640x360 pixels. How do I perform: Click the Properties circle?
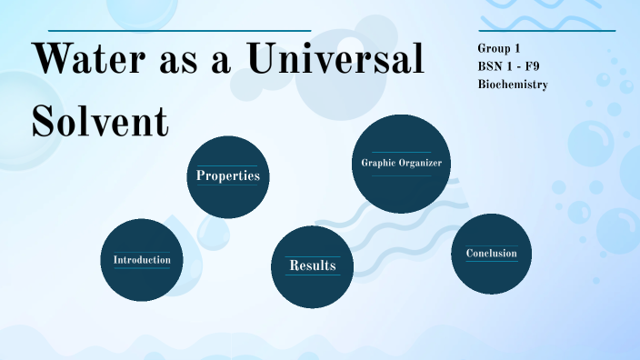coord(228,176)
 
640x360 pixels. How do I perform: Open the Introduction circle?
coord(141,260)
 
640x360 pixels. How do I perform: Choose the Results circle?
coord(312,265)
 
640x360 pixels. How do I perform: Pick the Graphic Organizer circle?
coord(401,164)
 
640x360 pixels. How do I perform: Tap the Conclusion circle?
coord(491,254)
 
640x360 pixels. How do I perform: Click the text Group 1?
coord(498,48)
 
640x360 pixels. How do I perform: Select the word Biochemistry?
coord(512,85)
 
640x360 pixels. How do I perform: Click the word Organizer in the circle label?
coord(425,164)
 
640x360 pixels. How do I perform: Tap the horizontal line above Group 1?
coord(546,31)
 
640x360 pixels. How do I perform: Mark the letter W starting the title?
coord(50,61)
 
